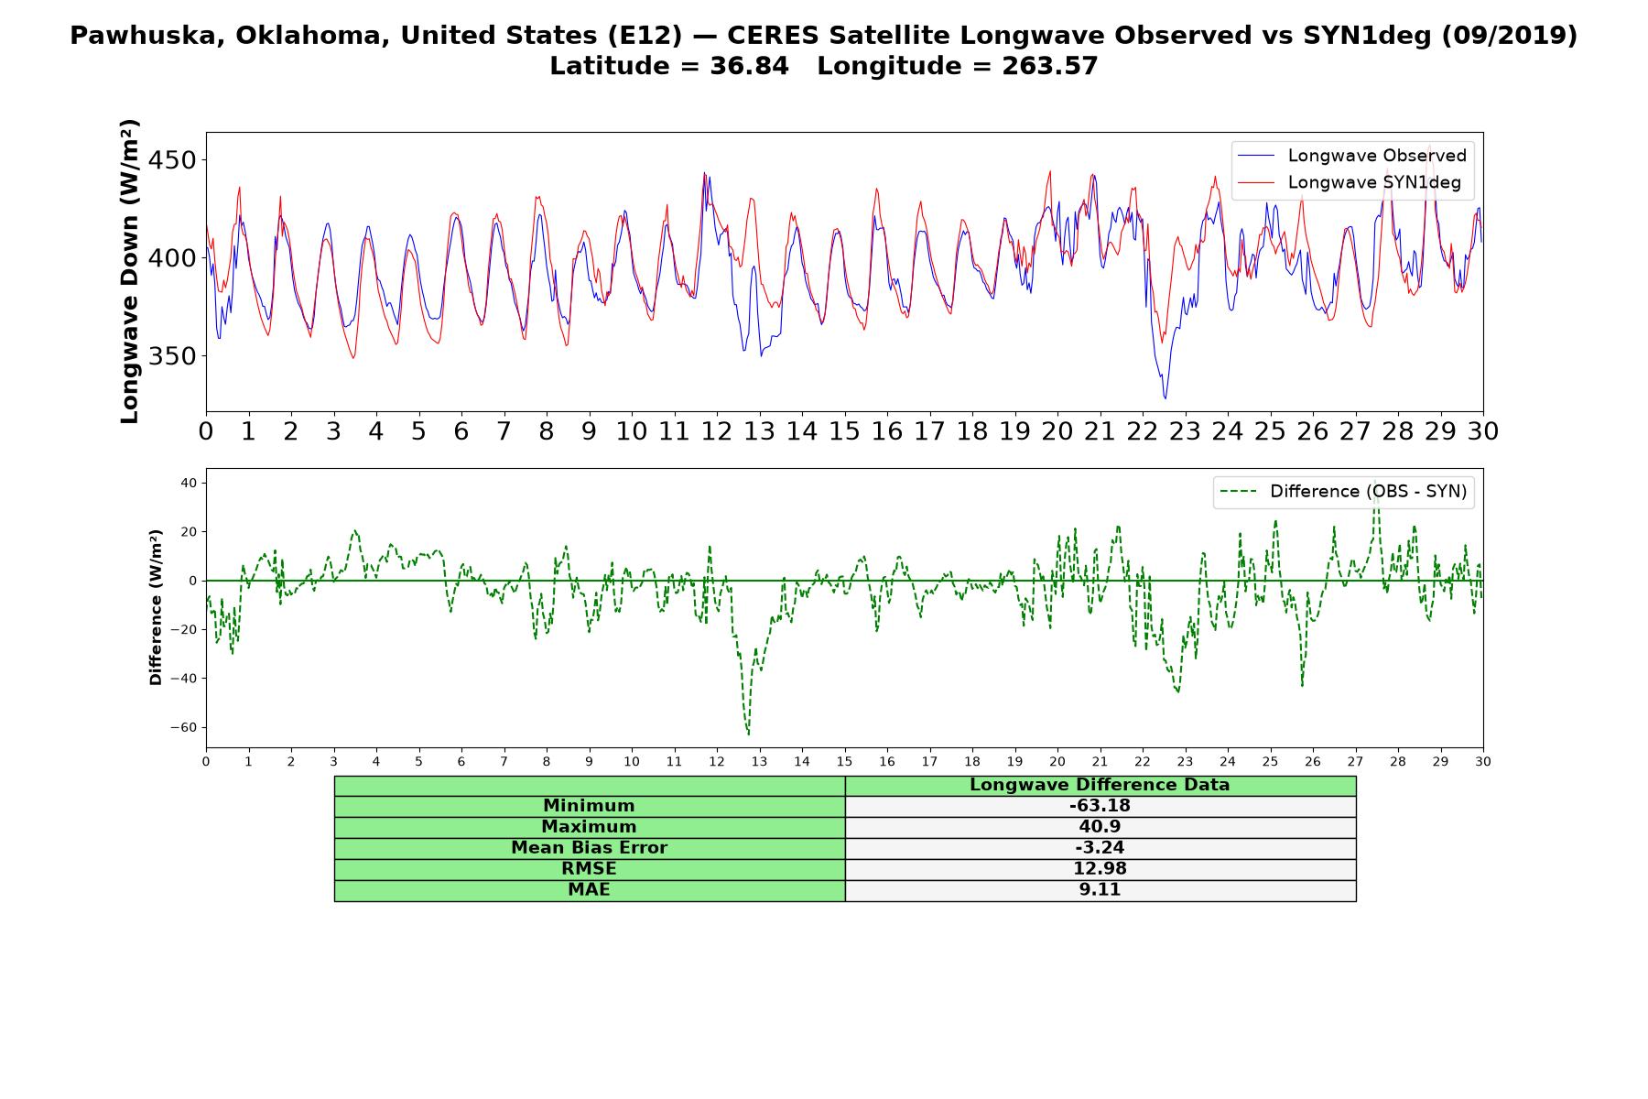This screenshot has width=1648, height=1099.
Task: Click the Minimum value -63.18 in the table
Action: (1100, 806)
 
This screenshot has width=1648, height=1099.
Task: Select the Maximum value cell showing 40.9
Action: (1100, 827)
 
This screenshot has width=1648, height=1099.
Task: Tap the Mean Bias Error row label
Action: (589, 848)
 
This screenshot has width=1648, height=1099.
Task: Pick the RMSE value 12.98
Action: (1100, 869)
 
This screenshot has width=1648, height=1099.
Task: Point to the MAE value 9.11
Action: (1100, 890)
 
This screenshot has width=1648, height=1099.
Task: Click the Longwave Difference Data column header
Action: (1100, 785)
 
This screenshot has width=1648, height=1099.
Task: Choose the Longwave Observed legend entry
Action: (1352, 156)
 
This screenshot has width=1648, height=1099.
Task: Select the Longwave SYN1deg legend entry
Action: (1350, 182)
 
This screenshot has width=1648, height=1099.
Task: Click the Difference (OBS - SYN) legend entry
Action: (1343, 492)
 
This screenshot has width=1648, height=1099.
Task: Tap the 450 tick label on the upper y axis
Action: (172, 160)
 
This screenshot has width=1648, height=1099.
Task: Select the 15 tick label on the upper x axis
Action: (844, 431)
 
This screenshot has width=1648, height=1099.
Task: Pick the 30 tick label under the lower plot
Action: (1483, 762)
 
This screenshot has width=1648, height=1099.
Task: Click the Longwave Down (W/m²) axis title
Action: (129, 271)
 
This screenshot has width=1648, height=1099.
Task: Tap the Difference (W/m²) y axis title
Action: (156, 607)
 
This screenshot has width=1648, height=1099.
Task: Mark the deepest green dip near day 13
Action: (748, 734)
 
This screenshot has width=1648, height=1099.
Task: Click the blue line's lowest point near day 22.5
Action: (1166, 397)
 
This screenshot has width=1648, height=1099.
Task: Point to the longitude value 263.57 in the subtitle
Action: (1051, 66)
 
